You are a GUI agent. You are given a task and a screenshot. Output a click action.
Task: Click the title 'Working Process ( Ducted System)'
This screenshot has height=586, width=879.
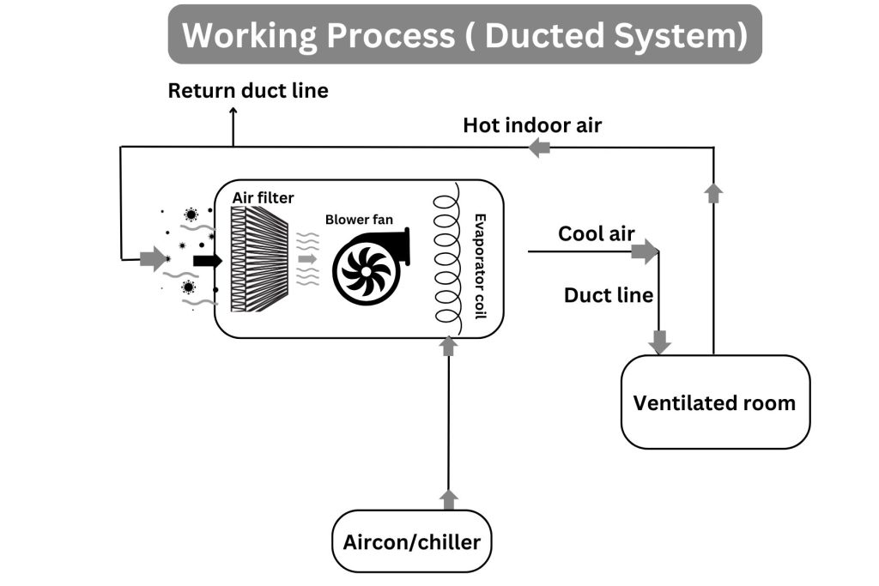coord(464,34)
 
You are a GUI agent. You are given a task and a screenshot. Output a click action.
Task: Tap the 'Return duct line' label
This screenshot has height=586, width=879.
coord(247,90)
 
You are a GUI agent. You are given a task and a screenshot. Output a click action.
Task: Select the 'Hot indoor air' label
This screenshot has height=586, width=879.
coord(532,125)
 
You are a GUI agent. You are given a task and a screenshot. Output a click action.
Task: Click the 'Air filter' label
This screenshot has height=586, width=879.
coord(263,198)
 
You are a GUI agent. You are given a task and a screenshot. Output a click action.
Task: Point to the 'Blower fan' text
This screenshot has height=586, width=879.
coord(359,220)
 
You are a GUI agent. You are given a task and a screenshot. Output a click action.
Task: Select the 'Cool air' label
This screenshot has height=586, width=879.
coord(597,233)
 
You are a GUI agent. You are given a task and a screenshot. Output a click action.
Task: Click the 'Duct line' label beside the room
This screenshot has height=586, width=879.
coord(609,296)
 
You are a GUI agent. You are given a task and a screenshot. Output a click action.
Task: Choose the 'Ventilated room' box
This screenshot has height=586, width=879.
coord(715,402)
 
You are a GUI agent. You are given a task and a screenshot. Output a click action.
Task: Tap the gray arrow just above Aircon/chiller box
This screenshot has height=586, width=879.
coord(448,499)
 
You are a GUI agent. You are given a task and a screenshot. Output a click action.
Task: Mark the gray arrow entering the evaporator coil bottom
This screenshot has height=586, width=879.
coord(447,346)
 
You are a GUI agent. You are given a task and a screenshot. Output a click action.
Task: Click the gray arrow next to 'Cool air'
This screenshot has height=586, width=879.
coord(644,251)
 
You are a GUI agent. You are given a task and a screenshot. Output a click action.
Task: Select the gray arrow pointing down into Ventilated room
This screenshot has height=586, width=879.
coord(659,342)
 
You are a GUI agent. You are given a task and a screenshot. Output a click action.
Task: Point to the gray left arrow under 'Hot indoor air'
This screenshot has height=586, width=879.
coord(539,148)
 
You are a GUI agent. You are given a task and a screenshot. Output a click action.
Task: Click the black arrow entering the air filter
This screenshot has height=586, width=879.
coord(207,260)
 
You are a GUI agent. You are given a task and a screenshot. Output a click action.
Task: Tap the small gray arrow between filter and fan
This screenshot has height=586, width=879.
coord(307,259)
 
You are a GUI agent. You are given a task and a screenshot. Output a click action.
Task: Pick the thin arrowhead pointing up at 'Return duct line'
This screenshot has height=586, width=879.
coord(232,113)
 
